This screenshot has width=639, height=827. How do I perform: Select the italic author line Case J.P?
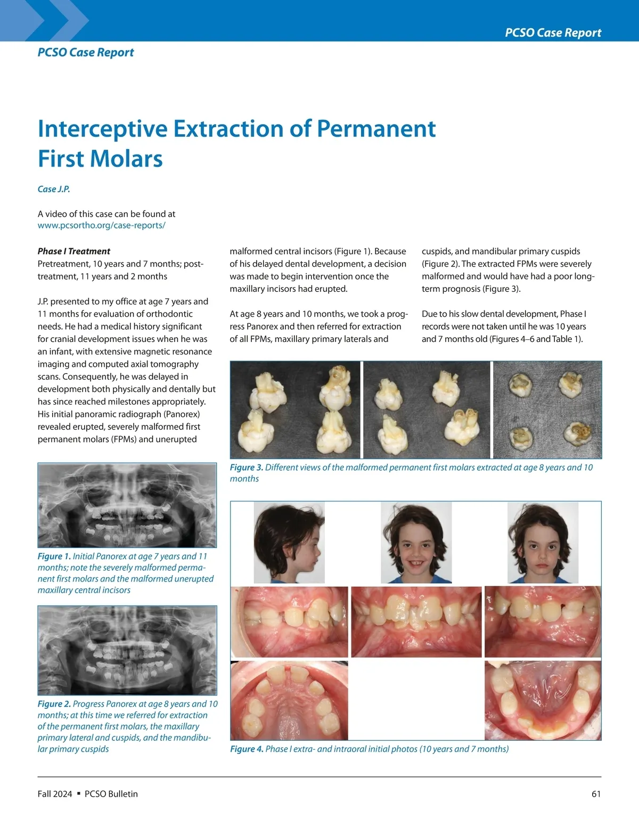pos(54,189)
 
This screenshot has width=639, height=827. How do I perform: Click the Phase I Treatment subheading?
pos(74,251)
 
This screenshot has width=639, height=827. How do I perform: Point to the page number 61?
pos(596,794)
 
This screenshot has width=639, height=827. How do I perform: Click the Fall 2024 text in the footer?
pos(54,794)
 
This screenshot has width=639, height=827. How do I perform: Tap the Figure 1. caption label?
pos(54,556)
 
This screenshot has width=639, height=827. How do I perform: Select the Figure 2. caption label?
pos(54,704)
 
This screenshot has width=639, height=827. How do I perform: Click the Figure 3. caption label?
pos(246,468)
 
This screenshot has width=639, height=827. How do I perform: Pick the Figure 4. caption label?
pos(247,749)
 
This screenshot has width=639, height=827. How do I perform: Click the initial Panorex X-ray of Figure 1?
pos(127,505)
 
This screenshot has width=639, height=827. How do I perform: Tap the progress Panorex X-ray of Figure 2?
pos(127,650)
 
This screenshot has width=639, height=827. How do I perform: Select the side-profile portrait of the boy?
pos(289,542)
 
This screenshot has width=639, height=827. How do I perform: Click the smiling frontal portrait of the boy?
pos(416,542)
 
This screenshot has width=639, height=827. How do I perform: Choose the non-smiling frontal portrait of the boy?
pos(543,542)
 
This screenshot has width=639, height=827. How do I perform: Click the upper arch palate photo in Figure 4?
pos(289,700)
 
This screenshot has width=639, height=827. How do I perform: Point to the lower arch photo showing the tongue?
pos(543,700)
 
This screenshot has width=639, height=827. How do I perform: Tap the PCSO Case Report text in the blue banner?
pos(553,32)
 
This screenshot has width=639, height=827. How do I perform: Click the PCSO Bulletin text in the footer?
pos(111,794)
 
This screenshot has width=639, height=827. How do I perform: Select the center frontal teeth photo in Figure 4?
pos(416,622)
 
